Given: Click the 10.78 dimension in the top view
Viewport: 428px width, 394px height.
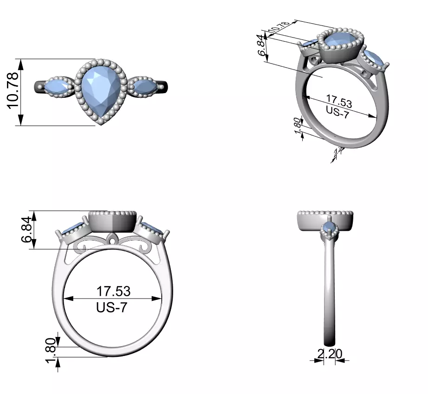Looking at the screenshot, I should (x=13, y=91).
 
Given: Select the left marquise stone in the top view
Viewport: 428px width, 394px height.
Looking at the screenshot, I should (x=57, y=87).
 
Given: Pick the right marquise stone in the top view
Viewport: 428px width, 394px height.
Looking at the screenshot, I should (x=144, y=86).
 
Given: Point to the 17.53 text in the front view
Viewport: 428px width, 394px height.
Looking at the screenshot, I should (x=113, y=292).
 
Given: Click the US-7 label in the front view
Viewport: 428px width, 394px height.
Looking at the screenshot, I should (x=111, y=307).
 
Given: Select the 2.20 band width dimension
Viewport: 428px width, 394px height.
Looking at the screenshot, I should (x=330, y=354).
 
